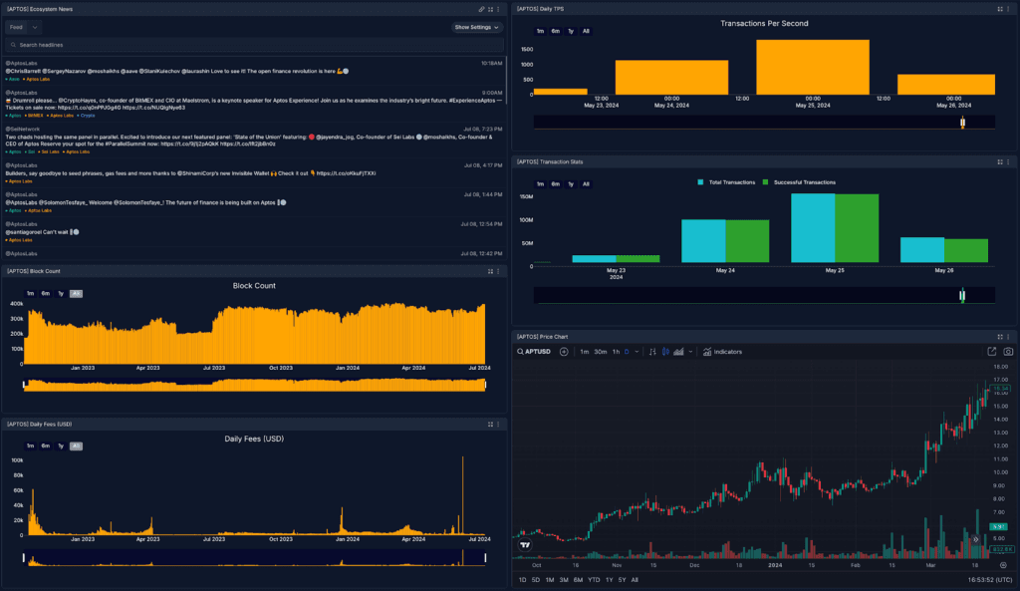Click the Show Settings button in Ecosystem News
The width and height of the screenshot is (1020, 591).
476,27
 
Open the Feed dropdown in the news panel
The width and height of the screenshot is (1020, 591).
23,27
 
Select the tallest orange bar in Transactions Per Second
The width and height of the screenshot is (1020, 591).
812,67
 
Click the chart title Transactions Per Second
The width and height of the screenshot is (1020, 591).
764,23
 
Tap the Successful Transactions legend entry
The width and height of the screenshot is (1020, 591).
799,182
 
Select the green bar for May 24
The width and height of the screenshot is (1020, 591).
747,241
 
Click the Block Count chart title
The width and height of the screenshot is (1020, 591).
254,285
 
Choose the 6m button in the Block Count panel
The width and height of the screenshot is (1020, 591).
46,293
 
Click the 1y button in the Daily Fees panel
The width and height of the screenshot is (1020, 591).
61,445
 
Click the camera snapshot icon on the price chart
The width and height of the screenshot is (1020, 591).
1008,352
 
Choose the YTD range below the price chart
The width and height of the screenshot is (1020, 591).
593,579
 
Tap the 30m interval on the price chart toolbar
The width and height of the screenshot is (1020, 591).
601,352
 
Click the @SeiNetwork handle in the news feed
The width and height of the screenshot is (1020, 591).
23,129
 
